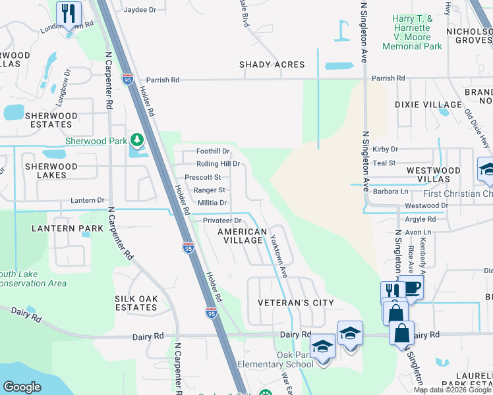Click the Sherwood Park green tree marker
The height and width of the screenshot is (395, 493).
[x=136, y=140]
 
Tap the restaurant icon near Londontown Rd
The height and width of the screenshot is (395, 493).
[x=69, y=13]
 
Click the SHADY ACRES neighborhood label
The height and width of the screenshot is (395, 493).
[x=272, y=65]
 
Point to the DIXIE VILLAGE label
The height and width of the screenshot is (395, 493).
[x=428, y=105]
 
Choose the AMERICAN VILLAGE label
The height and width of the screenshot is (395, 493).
[x=243, y=236]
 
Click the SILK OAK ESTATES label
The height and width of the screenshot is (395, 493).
[x=136, y=303]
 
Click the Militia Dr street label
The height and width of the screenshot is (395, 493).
[x=212, y=203]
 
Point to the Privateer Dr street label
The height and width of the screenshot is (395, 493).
[x=222, y=221]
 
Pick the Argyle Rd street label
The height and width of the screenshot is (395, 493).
[x=420, y=219]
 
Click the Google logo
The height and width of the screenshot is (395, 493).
[x=22, y=387]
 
